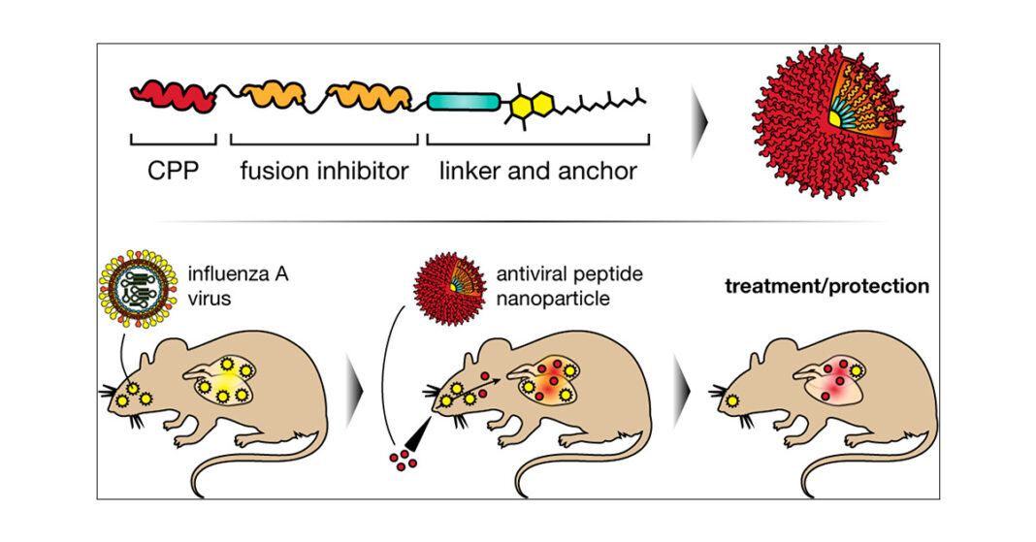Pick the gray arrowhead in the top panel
point(698,131)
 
